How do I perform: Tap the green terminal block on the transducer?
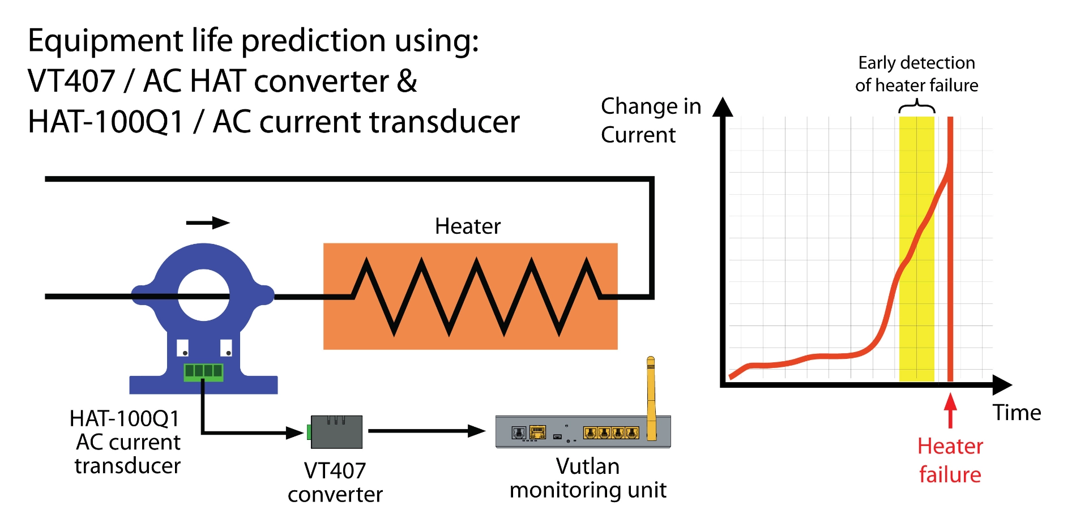coord(203,371)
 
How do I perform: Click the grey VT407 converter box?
coord(337,432)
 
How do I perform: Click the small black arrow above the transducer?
coord(208,223)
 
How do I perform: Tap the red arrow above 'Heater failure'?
coord(950,410)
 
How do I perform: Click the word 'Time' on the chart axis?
coord(1017,413)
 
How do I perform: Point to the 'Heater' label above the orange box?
coord(468,226)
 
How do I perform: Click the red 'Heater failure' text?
coord(950,460)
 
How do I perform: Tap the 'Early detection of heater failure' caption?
coord(916,74)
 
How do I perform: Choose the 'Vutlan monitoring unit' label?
coord(588,478)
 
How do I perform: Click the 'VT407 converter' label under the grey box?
coord(335,482)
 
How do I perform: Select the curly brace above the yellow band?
coord(917,106)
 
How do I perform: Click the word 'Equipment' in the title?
coord(105,41)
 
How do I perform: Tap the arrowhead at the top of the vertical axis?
coord(723,107)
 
